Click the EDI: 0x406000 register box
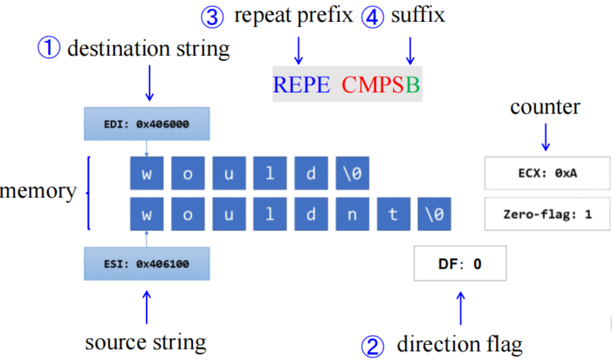[x=147, y=124]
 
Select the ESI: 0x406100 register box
[x=147, y=264]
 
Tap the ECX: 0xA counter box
[x=548, y=173]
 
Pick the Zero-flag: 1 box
[x=548, y=214]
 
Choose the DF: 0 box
[x=460, y=264]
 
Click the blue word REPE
[x=302, y=85]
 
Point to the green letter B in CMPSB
[x=413, y=85]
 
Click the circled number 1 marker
[x=49, y=49]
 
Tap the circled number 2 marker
[x=373, y=346]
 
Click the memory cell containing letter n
[x=352, y=214]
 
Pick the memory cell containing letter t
[x=393, y=214]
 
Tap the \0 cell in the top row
[x=352, y=174]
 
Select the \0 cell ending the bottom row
[x=434, y=214]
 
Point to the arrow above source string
[x=146, y=307]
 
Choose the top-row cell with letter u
[x=229, y=174]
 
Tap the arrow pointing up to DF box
[x=460, y=308]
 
